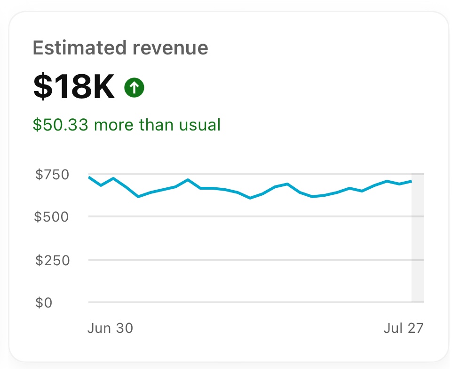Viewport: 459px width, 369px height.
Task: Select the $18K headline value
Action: [x=74, y=87]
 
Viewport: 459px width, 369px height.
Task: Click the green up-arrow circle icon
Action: [x=134, y=88]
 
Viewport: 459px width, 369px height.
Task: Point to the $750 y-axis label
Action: [x=53, y=175]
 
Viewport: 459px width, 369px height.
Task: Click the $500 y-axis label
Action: [x=53, y=217]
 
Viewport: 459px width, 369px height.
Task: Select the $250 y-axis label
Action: [x=53, y=260]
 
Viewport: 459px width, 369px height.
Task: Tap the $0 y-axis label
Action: [x=44, y=303]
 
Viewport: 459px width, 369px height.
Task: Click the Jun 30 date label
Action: [x=110, y=328]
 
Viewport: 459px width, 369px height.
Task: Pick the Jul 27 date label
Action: [x=404, y=328]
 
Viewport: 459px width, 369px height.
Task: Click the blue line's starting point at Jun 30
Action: [x=89, y=177]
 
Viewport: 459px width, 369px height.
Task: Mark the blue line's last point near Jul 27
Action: [x=412, y=181]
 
